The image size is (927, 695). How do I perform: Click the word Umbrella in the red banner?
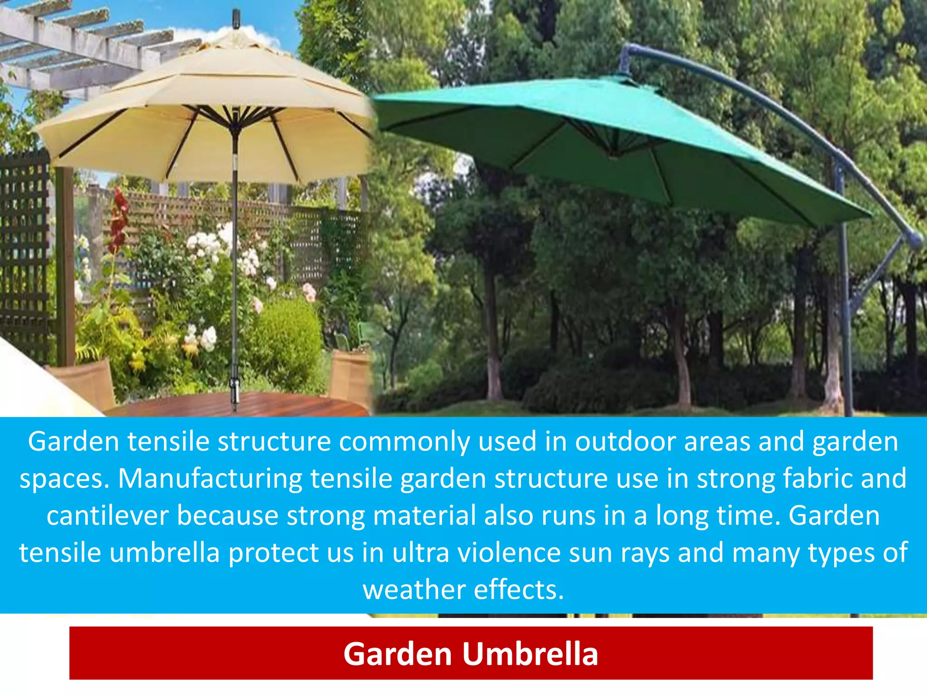pyautogui.click(x=530, y=654)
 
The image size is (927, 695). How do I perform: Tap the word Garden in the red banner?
pyautogui.click(x=398, y=654)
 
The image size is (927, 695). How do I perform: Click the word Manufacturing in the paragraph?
pyautogui.click(x=210, y=479)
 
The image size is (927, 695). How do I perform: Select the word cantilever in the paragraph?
pyautogui.click(x=107, y=516)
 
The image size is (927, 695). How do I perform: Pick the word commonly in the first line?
pyautogui.click(x=404, y=442)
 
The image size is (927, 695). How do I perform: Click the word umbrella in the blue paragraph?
pyautogui.click(x=164, y=553)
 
